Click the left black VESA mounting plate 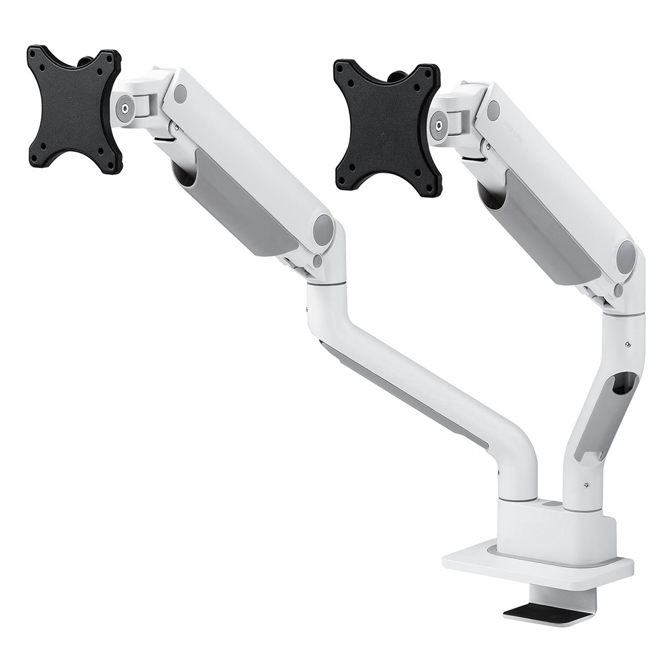(x=74, y=108)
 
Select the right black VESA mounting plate (x=387, y=128)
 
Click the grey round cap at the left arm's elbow (x=324, y=230)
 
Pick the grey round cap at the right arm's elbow (x=626, y=257)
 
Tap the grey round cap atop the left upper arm (x=180, y=93)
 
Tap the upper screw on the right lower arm (x=627, y=345)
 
